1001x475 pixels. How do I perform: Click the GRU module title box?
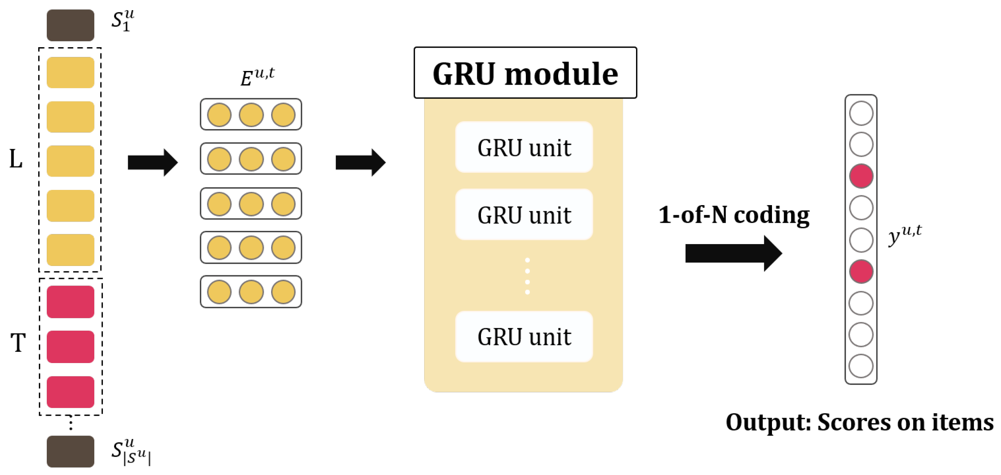coord(525,73)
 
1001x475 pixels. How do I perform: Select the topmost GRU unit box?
coord(523,147)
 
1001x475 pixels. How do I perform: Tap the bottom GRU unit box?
coord(523,336)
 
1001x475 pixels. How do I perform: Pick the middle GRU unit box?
coord(523,214)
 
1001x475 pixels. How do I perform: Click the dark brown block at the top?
coord(70,25)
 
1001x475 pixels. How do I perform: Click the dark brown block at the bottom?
coord(70,451)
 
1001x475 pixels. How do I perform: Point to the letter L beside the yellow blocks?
coord(16,159)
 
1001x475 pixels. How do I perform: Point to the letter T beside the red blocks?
coord(18,342)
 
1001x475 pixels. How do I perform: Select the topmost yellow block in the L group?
coord(70,73)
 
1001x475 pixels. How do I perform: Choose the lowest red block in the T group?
coord(70,392)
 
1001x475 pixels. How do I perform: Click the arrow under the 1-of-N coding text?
coord(732,253)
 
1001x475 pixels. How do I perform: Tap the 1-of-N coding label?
coord(733,214)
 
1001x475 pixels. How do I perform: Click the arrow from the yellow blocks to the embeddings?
coord(152,162)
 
